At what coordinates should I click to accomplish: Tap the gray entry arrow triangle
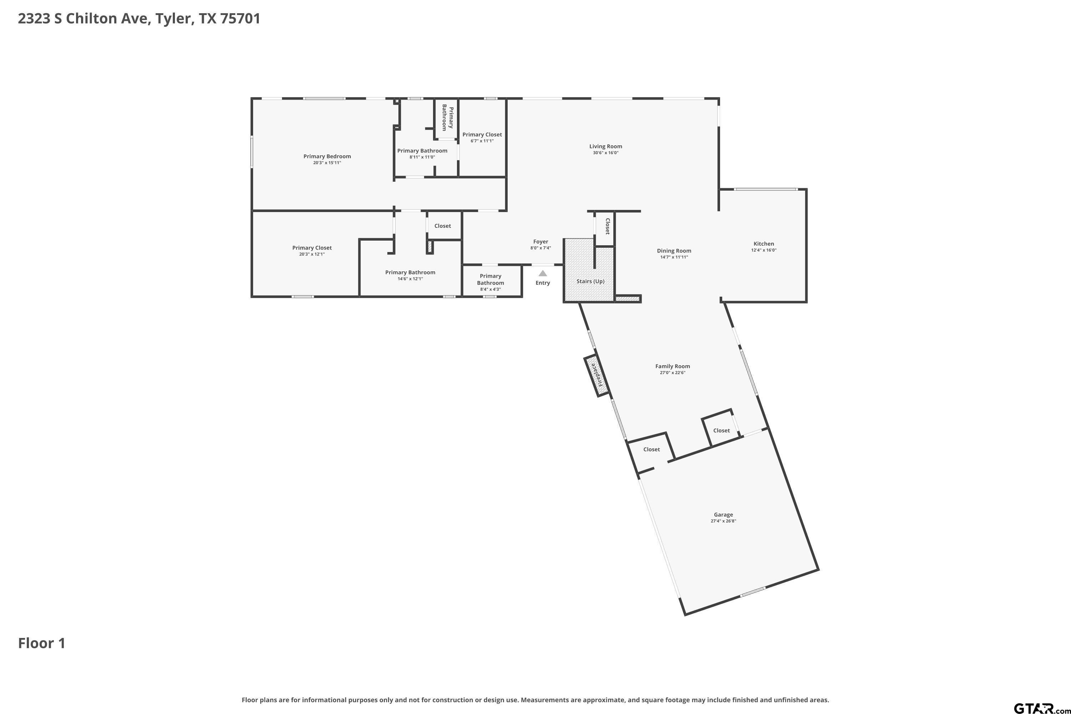[543, 273]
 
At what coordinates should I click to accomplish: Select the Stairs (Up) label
[590, 281]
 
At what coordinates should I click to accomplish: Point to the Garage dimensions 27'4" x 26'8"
[723, 521]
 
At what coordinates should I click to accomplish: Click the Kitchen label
[764, 243]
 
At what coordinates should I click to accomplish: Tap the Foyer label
[540, 242]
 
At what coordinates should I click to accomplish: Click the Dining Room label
[674, 251]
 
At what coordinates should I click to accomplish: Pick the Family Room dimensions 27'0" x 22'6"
[673, 372]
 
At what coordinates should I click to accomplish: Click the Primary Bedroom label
[327, 157]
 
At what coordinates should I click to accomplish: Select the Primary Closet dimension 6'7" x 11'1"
[482, 141]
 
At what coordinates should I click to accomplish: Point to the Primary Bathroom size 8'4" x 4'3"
[491, 289]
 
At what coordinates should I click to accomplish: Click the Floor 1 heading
[42, 643]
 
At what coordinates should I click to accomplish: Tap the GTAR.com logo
[1042, 708]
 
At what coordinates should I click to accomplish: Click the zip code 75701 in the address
[240, 19]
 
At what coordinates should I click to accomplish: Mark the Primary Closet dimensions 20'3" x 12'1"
[312, 254]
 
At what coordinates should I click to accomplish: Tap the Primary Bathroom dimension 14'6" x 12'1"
[410, 279]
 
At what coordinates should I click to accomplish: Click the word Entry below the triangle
[543, 283]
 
